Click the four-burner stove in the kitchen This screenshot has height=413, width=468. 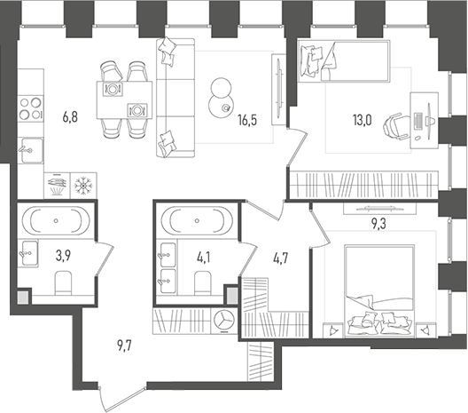(x=30, y=106)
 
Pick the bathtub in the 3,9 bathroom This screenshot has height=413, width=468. (x=55, y=219)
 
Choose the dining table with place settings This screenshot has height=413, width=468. (x=125, y=99)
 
